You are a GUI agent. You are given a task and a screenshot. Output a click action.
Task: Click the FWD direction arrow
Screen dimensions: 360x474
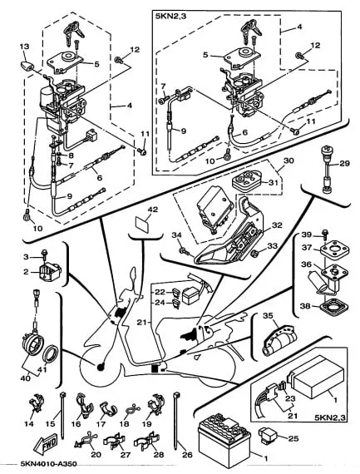click(46, 444)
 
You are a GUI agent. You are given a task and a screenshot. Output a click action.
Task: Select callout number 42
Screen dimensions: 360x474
click(153, 210)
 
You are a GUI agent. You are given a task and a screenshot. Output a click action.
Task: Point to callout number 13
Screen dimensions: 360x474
click(25, 47)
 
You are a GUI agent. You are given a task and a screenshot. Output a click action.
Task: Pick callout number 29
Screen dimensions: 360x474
click(344, 164)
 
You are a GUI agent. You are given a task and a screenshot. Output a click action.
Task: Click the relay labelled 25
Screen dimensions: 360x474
click(268, 437)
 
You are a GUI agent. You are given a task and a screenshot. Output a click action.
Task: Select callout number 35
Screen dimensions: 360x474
click(268, 316)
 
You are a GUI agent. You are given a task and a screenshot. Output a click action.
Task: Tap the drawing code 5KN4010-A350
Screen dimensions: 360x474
click(48, 463)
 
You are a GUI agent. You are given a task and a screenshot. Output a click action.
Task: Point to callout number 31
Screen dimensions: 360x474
click(273, 182)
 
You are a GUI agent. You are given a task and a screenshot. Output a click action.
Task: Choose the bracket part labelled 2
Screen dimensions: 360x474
click(50, 271)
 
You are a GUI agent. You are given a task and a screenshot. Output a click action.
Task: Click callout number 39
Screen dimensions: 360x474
click(307, 235)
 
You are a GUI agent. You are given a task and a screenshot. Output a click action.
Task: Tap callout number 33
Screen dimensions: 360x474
click(273, 246)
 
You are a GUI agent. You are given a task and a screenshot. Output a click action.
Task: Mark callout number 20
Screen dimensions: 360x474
click(96, 454)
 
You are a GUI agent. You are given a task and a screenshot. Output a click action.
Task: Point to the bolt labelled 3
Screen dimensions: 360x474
click(45, 253)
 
